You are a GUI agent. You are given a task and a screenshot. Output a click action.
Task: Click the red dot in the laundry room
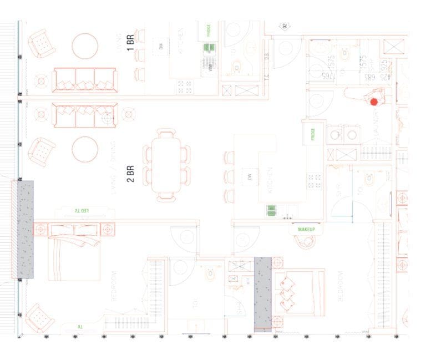pyautogui.click(x=374, y=102)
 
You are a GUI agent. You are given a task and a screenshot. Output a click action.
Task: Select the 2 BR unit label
pyautogui.click(x=131, y=173)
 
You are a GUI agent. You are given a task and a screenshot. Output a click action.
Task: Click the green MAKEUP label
pyautogui.click(x=306, y=229)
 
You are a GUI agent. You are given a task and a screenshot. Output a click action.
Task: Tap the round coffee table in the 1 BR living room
pyautogui.click(x=85, y=46)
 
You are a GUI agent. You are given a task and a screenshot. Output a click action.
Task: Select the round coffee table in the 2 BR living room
pyautogui.click(x=85, y=149)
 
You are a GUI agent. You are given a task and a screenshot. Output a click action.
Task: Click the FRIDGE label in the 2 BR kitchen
pyautogui.click(x=313, y=135)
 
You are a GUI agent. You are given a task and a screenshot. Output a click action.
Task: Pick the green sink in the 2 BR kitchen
pyautogui.click(x=272, y=210)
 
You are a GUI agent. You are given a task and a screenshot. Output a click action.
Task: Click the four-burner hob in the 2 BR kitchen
pyautogui.click(x=315, y=181)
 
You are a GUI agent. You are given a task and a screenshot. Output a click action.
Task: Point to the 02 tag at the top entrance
pyautogui.click(x=285, y=26)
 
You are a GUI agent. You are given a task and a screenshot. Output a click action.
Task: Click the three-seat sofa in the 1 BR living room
pyautogui.click(x=84, y=80)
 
